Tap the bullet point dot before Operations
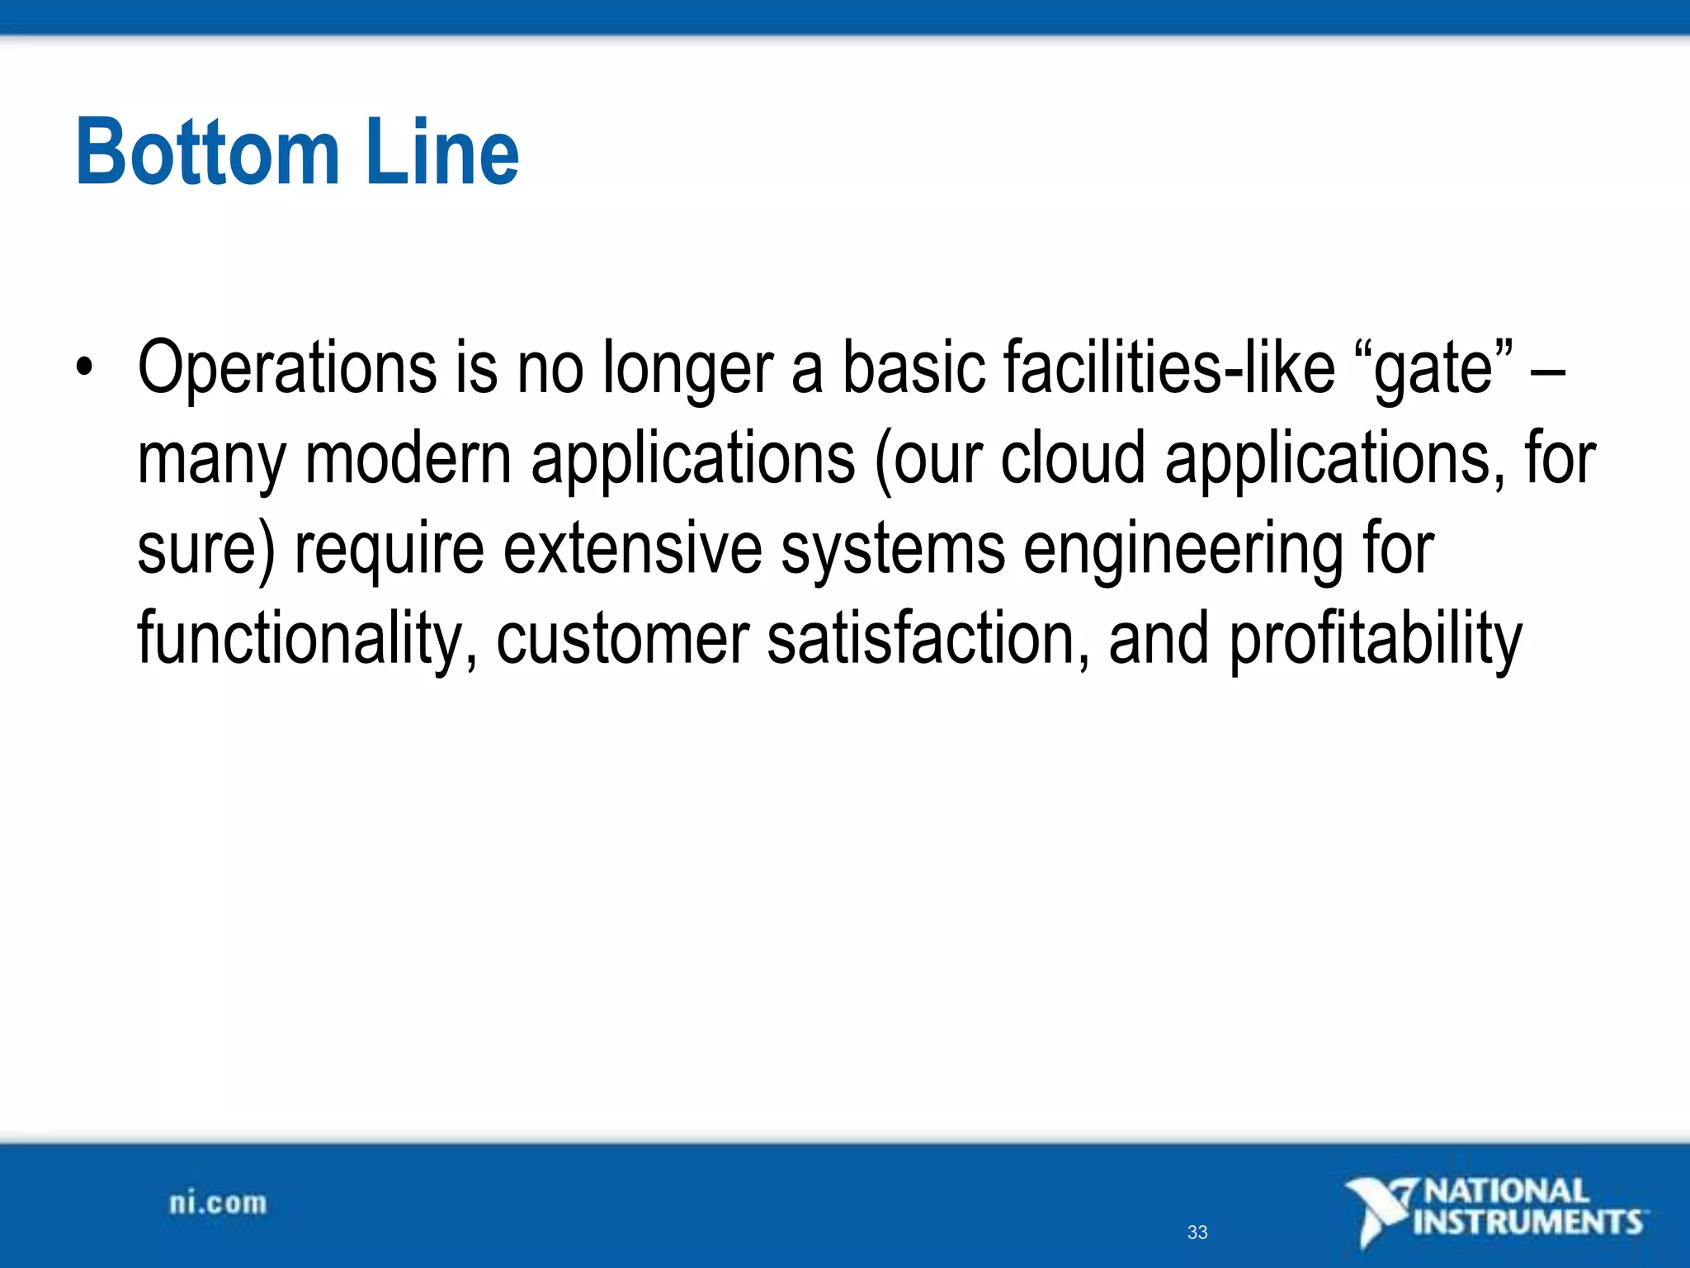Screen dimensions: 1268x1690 (x=84, y=366)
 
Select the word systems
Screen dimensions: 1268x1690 (x=893, y=551)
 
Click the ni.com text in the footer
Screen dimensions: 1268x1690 (x=218, y=1203)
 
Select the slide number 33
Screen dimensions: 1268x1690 (x=1197, y=1233)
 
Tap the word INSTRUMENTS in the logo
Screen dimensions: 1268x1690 (x=1528, y=1222)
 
